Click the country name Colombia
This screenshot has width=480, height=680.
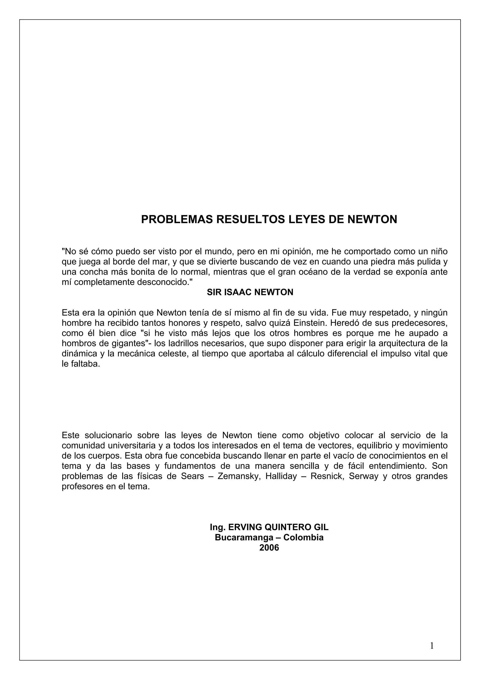304,538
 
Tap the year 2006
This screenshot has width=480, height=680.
269,548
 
